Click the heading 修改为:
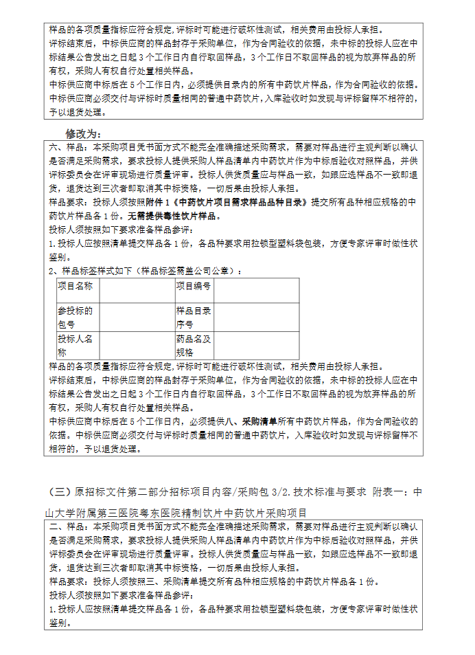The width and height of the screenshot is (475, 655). pos(83,133)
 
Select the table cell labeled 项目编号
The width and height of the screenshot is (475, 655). pos(194,285)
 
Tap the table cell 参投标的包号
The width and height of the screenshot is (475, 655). pos(77,317)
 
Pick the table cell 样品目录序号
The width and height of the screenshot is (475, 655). pos(195,317)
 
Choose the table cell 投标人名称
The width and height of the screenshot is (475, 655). pos(77,346)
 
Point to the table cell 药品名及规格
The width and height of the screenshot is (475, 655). pos(195,346)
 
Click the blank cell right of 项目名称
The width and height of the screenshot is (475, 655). pos(136,290)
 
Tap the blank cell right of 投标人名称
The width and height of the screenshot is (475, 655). pos(136,346)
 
